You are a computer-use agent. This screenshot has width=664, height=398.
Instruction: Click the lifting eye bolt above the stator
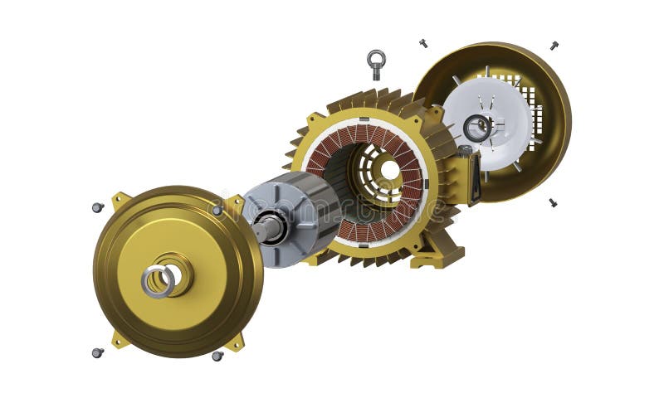coord(376,61)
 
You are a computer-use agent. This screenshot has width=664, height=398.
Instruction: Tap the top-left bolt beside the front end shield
coord(97,207)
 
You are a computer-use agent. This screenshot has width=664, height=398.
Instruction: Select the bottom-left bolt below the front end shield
coord(97,352)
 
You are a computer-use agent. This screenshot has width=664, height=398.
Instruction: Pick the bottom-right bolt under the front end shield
coord(217,356)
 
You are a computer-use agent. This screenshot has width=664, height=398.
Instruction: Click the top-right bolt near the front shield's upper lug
coord(217,210)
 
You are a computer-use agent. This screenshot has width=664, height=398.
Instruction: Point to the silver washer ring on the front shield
coord(157,281)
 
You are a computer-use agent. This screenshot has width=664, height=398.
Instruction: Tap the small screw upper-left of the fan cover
coord(423,42)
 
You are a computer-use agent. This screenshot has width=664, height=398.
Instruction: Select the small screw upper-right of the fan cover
coord(554,45)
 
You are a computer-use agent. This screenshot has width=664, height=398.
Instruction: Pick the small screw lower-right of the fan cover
coord(553,201)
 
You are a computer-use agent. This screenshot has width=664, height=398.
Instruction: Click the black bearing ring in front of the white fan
coord(477,128)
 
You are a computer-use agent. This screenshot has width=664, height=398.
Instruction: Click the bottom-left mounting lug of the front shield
coord(121,339)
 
